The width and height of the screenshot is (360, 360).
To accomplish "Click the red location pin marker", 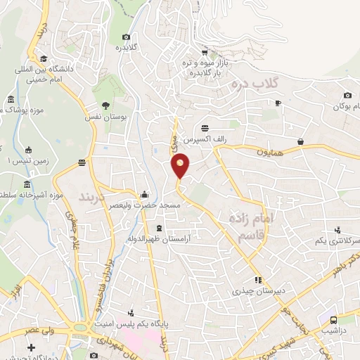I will pyautogui.click(x=181, y=165).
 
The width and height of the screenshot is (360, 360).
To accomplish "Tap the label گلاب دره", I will pyautogui.click(x=255, y=84).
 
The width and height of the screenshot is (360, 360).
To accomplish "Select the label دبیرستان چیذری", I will pyautogui.click(x=257, y=290).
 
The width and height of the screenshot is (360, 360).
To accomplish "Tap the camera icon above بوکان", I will pyautogui.click(x=347, y=96).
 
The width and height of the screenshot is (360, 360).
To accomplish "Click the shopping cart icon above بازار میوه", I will pyautogui.click(x=204, y=51).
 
